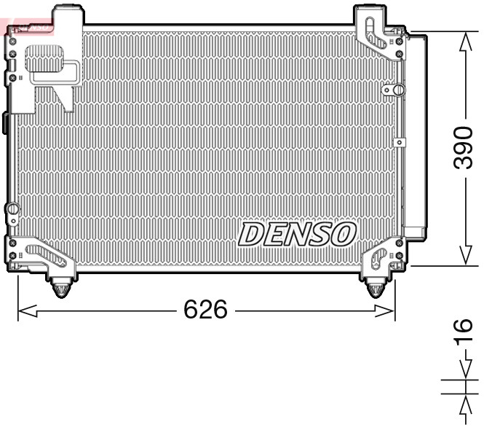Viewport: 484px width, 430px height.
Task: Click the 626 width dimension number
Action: click(205, 310)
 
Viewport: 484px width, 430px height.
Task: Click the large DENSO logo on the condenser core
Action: click(297, 234)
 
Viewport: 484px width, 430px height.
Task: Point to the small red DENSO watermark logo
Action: click(28, 27)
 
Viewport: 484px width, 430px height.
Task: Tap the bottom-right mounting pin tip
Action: click(374, 293)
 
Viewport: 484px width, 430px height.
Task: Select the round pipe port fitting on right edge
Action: click(397, 90)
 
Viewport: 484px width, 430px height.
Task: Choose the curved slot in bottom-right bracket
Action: click(379, 257)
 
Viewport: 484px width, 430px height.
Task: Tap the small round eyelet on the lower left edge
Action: click(11, 210)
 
